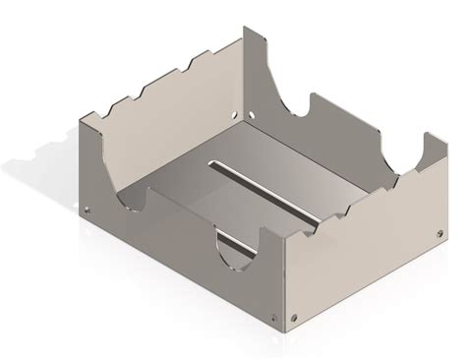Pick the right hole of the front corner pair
(295, 317)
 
